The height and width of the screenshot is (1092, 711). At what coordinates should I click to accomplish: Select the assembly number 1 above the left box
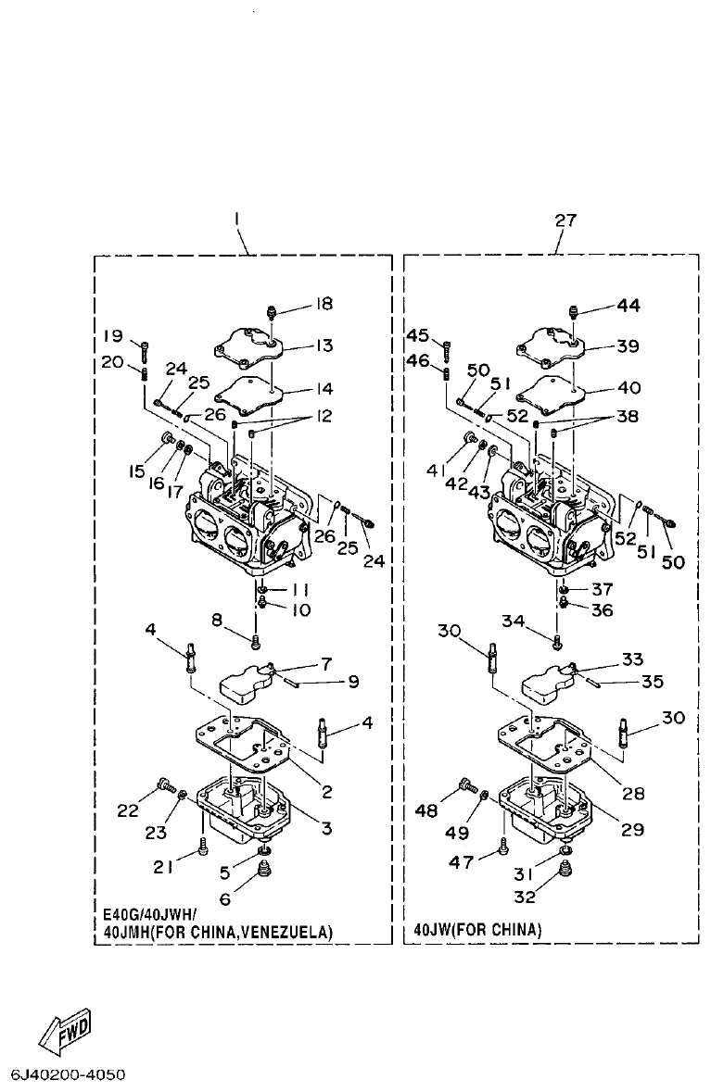coord(237,220)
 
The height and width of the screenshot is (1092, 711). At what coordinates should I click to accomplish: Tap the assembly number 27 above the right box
coord(565,220)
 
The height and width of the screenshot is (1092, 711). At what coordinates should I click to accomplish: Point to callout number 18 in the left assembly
coord(323,304)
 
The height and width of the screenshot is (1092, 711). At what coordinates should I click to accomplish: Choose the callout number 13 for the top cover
coord(324,345)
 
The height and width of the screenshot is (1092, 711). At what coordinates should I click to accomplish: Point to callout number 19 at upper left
coord(112,334)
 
